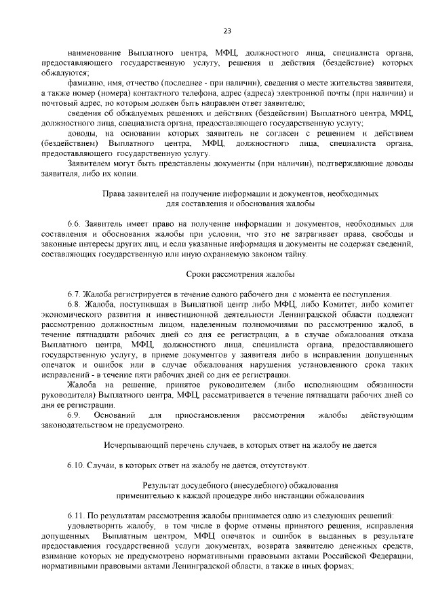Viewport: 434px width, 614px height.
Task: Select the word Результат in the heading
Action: [163, 486]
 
